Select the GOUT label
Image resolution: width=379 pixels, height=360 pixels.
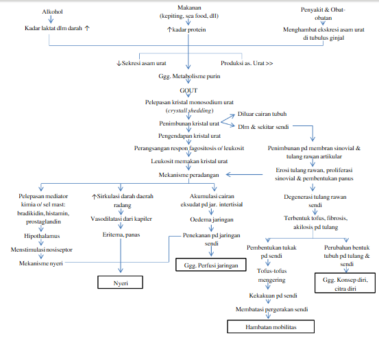point(188,90)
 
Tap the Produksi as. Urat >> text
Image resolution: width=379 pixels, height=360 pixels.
point(247,62)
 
